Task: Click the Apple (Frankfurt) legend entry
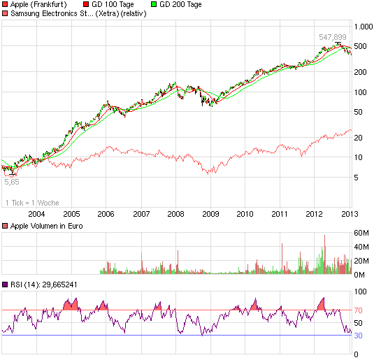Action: tap(38, 4)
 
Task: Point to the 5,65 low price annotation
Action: tap(12, 182)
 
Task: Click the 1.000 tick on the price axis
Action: tap(364, 26)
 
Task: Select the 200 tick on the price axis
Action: tap(361, 72)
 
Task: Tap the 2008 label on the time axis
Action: tap(175, 214)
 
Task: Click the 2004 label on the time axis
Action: tap(37, 214)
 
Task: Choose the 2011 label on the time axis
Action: tap(280, 214)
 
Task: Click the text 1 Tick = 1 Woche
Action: tap(32, 203)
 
